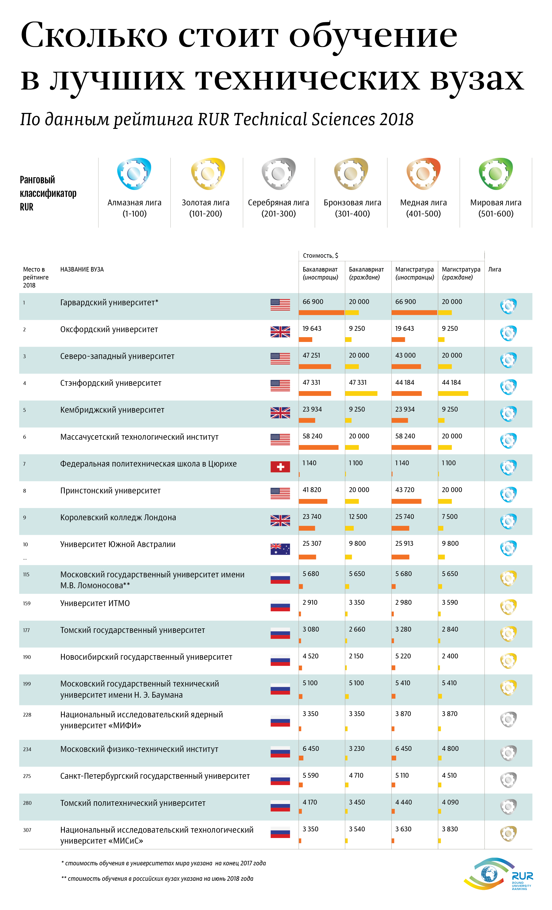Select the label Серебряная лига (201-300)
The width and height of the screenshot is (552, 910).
point(279,208)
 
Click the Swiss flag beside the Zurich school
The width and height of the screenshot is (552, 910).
point(280,467)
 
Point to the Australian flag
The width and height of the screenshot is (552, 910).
point(280,549)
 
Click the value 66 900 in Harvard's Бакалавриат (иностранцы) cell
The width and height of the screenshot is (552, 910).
point(313,302)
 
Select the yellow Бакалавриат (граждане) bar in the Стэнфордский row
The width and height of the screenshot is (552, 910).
point(361,393)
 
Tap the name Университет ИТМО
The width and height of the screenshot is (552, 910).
point(95,603)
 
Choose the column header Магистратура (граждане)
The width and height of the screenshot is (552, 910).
point(461,273)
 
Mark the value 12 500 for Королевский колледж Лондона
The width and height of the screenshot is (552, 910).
point(358,517)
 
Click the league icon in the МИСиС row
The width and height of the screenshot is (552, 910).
point(508,833)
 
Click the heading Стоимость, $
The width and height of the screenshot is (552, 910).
point(320,256)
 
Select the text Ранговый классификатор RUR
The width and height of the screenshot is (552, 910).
point(48,193)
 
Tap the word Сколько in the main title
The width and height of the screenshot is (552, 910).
point(94,35)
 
